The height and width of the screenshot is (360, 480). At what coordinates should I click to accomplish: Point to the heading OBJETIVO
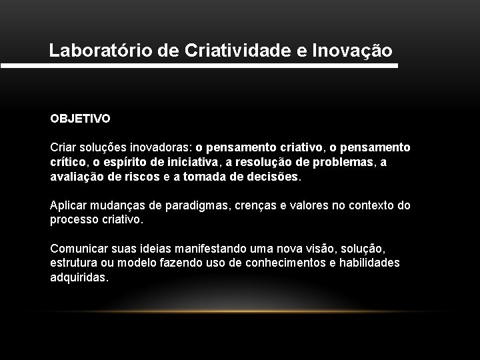[x=80, y=119]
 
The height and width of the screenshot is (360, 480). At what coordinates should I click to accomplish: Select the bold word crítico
[x=67, y=162]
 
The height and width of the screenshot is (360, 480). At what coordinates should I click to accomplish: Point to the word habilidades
[x=369, y=263]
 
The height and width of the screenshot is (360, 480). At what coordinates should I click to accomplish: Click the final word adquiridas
[x=79, y=277]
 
